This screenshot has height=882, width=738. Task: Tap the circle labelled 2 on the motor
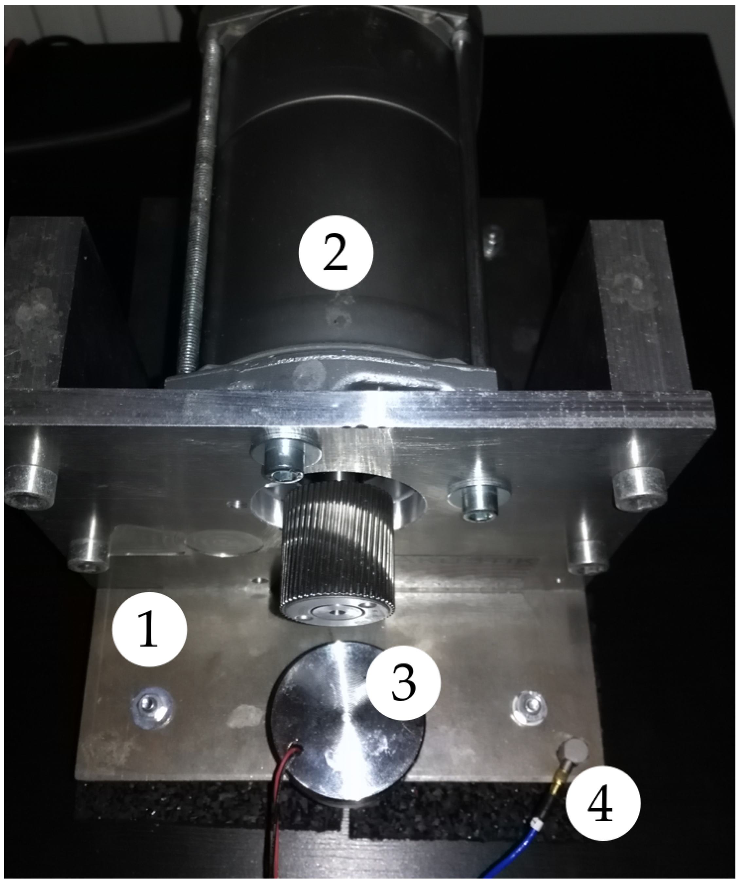pos(336,253)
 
